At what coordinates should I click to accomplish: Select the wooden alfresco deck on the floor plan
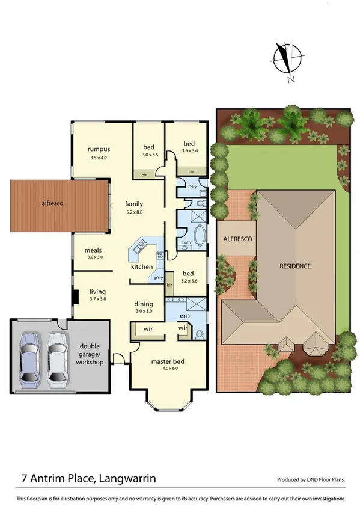(60, 204)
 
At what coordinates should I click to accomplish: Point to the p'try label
(159, 278)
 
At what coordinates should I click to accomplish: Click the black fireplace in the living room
(75, 298)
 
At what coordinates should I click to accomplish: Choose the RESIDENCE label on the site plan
(294, 265)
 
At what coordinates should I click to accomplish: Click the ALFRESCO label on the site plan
(238, 239)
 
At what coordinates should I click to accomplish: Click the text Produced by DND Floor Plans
(311, 480)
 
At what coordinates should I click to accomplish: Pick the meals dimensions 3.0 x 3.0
(83, 257)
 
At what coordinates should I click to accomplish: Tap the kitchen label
(142, 266)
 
